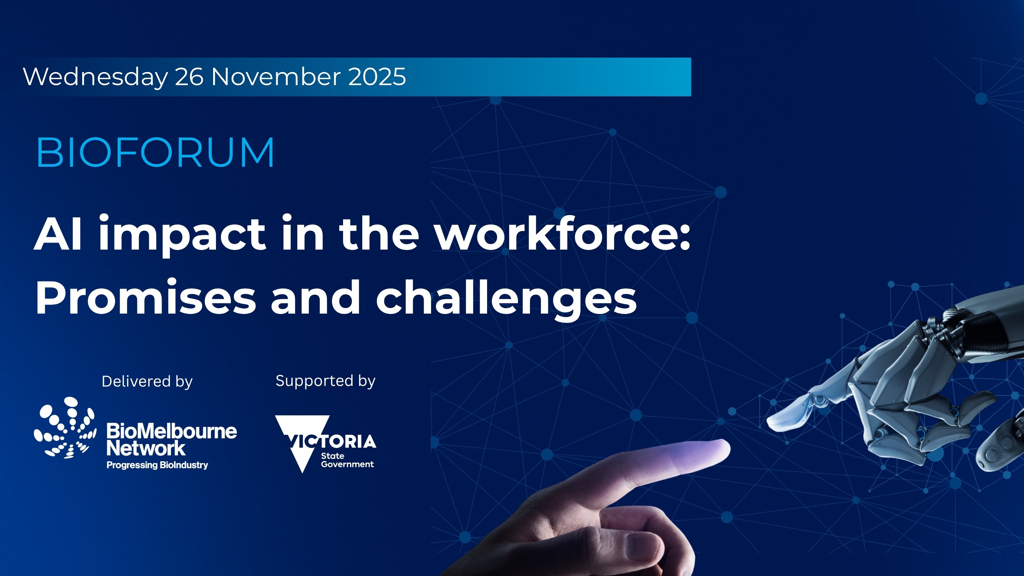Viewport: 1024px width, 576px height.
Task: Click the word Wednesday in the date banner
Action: pos(95,77)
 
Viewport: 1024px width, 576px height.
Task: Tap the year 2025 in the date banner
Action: pos(377,76)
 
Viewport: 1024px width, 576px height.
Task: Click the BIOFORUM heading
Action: pos(155,152)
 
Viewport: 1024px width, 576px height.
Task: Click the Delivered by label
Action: pos(147,381)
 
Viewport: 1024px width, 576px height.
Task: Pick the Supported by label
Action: pos(325,381)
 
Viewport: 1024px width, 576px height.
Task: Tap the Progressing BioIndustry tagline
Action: pos(157,465)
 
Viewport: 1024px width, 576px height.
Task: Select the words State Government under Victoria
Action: pos(347,460)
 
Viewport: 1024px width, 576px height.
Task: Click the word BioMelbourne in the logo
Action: pos(172,431)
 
